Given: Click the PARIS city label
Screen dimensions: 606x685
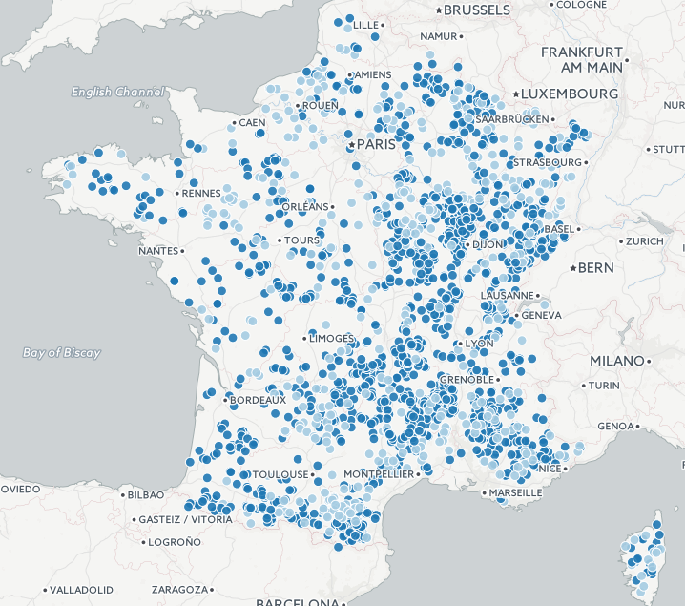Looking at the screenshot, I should pos(377,145).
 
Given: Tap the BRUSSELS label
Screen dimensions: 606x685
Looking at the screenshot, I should pos(477,10).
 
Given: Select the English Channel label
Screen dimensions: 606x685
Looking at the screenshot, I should pos(117,93).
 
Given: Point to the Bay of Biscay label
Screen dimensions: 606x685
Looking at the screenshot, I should pos(61,353).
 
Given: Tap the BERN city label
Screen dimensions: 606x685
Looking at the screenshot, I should pos(596,268).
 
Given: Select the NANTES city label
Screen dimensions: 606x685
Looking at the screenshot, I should pos(158,251).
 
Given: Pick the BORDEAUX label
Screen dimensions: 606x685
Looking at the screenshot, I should pos(258,400).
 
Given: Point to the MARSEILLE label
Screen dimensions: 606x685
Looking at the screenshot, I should pos(516,492).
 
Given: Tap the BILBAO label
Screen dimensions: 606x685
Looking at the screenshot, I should pos(145,494).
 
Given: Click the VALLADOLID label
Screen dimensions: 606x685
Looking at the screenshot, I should pos(81,589).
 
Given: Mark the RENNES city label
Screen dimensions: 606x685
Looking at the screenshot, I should pos(200,193).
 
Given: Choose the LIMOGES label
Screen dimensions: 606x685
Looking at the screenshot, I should pos(331,338).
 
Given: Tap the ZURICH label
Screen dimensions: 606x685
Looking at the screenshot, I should pos(645,241).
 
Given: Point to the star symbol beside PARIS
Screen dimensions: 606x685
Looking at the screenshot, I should pos(351,145).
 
